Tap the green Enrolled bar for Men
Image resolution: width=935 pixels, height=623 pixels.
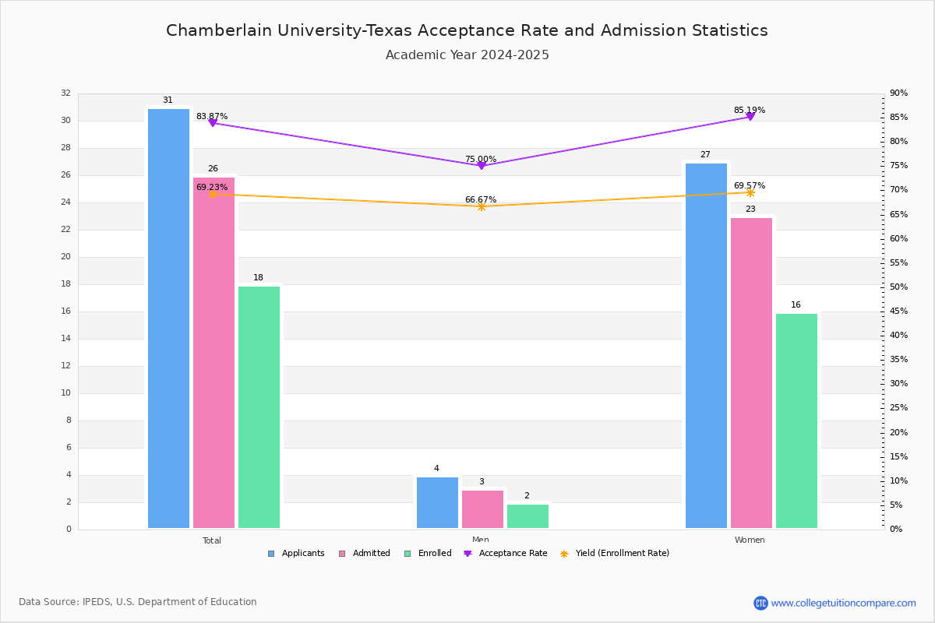click(x=527, y=516)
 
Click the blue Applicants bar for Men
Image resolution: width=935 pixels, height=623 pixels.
click(x=437, y=502)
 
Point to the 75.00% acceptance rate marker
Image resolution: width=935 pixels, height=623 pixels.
click(x=481, y=165)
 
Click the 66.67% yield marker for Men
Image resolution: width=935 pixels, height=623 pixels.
click(x=481, y=206)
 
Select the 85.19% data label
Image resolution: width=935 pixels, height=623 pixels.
click(x=749, y=110)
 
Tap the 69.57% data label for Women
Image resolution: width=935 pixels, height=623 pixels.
click(x=749, y=185)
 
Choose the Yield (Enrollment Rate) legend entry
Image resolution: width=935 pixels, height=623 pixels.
click(x=621, y=553)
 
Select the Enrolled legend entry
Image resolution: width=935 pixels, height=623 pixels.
click(x=434, y=553)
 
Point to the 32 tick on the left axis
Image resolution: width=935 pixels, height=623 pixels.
click(x=65, y=93)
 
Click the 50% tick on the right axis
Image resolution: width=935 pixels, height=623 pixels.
click(x=898, y=287)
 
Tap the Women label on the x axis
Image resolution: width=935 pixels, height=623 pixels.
click(x=749, y=540)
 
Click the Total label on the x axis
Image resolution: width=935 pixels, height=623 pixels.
click(x=211, y=540)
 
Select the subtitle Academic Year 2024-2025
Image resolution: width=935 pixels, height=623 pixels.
click(x=467, y=55)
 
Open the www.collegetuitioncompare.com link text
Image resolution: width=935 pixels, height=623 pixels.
click(x=843, y=603)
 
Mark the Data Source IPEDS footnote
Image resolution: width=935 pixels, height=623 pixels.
click(x=137, y=602)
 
